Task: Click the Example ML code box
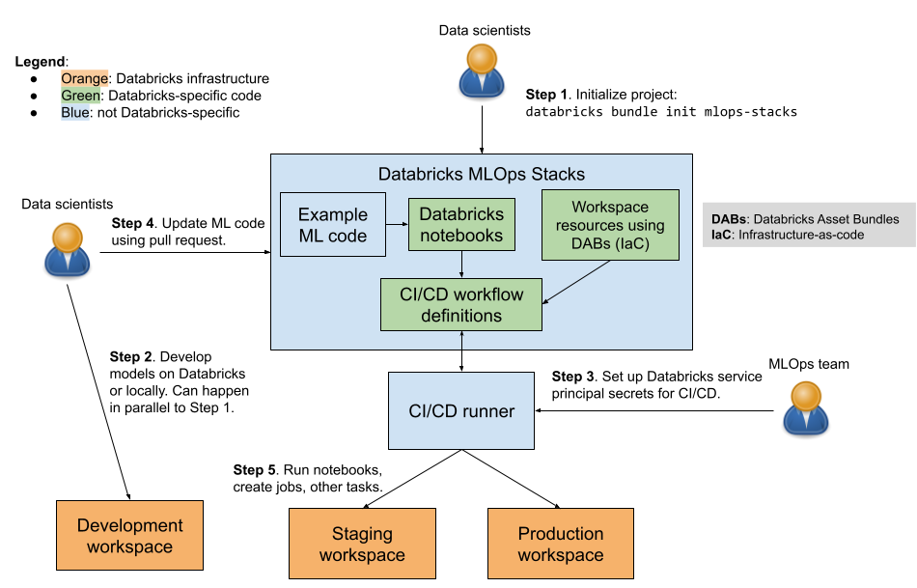point(332,225)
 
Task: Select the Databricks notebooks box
point(461,225)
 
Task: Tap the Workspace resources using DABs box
point(610,226)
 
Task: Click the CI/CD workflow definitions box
point(461,304)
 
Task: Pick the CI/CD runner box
point(461,410)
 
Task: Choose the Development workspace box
point(129,536)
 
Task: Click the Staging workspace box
point(362,544)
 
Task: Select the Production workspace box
point(560,544)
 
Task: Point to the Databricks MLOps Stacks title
point(481,175)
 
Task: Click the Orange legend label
point(85,78)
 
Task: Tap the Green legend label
point(81,96)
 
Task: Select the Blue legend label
point(75,113)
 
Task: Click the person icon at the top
point(481,70)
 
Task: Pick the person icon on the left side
point(68,249)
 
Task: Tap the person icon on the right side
point(805,406)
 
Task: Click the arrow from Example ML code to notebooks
point(396,225)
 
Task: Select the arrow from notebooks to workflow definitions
point(461,264)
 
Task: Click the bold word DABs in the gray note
point(728,219)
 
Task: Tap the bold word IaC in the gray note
point(722,235)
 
